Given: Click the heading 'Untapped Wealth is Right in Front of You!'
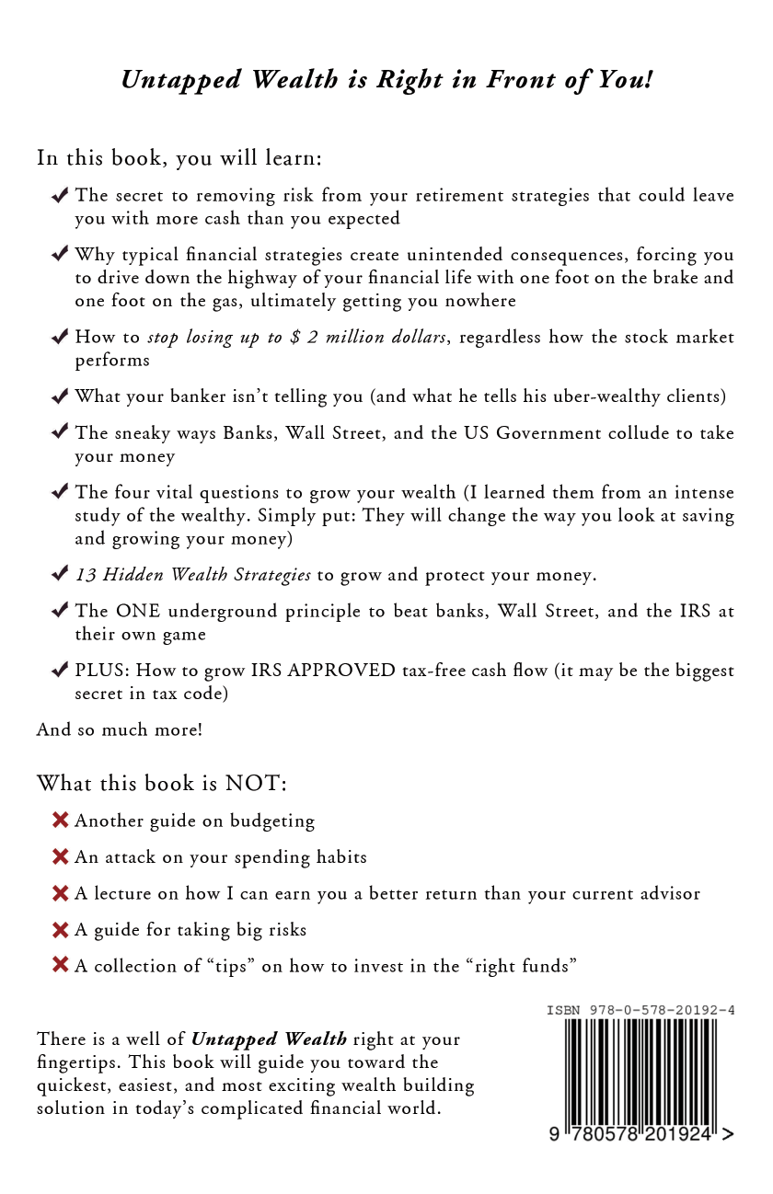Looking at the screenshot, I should pyautogui.click(x=386, y=80).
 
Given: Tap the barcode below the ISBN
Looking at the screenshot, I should pyautogui.click(x=640, y=1072).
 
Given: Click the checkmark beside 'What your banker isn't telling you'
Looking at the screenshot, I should pyautogui.click(x=61, y=396).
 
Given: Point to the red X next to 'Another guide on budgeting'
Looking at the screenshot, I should pyautogui.click(x=61, y=820).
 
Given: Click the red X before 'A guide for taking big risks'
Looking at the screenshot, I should pyautogui.click(x=61, y=929).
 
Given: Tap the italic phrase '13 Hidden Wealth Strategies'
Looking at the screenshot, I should pyautogui.click(x=193, y=575).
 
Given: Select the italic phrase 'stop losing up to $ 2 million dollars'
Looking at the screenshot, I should pyautogui.click(x=297, y=337).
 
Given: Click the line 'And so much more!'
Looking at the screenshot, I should pyautogui.click(x=120, y=729).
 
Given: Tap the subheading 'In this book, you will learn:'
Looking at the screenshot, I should pyautogui.click(x=179, y=158).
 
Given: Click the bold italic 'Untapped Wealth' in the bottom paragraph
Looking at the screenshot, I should pyautogui.click(x=269, y=1039).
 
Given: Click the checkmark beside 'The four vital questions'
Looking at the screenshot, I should pyautogui.click(x=61, y=492).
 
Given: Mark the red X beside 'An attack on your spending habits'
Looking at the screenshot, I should pyautogui.click(x=61, y=856).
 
